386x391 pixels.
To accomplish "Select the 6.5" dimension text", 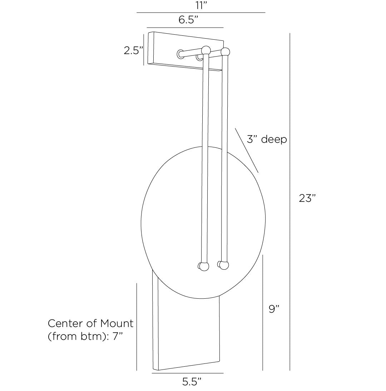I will (x=188, y=20).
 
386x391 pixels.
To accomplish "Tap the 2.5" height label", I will (x=133, y=50).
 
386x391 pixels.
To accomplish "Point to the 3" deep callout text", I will (x=267, y=139).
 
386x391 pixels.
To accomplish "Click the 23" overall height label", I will (x=307, y=198).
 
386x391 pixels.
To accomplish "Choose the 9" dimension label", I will (x=274, y=309).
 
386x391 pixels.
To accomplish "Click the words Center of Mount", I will (x=90, y=323).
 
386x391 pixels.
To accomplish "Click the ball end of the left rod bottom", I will (x=203, y=267).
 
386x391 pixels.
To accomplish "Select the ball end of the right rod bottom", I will (x=224, y=265).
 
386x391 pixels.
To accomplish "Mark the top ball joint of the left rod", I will (x=206, y=50).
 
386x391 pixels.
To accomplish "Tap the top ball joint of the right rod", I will (x=225, y=52).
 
